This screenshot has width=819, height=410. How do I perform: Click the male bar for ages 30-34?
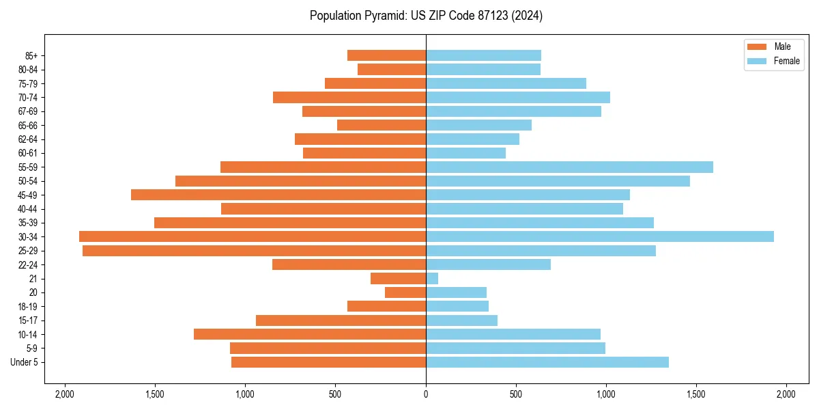[253, 236]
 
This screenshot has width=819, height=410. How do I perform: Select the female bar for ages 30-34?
[599, 236]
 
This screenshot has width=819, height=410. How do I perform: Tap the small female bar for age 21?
[432, 279]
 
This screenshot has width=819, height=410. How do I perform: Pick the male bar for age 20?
[405, 292]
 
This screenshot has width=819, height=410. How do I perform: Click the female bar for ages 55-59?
[569, 167]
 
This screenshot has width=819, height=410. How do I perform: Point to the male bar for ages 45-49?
[278, 195]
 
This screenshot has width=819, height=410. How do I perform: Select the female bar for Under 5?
[547, 362]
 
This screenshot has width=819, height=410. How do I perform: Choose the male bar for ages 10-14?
[310, 334]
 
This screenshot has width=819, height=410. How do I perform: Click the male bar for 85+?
[386, 55]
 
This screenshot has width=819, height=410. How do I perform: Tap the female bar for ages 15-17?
[461, 320]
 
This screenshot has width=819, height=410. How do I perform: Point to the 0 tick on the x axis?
[426, 394]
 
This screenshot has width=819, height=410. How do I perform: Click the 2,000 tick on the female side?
[786, 394]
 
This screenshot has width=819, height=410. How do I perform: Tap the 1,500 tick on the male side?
[155, 394]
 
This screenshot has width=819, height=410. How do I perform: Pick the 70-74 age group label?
[28, 98]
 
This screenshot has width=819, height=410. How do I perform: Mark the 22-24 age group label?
[28, 265]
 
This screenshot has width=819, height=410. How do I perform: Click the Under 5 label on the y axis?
[24, 362]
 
